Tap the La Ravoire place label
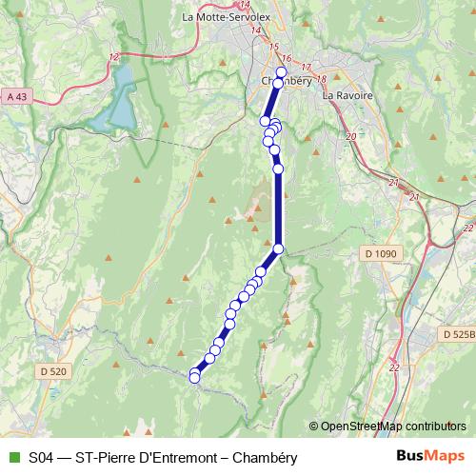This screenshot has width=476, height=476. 347,96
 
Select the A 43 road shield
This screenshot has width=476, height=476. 16,96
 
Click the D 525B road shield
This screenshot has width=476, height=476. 459,334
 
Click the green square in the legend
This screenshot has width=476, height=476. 13,458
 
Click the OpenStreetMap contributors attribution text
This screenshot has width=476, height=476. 392,426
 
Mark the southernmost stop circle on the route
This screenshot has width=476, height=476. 195,378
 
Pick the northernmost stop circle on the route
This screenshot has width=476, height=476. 281,72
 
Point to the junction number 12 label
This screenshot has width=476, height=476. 114,57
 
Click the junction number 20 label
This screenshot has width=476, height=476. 350,137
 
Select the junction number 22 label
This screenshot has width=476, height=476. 466,228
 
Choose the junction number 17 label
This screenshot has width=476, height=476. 306,68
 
